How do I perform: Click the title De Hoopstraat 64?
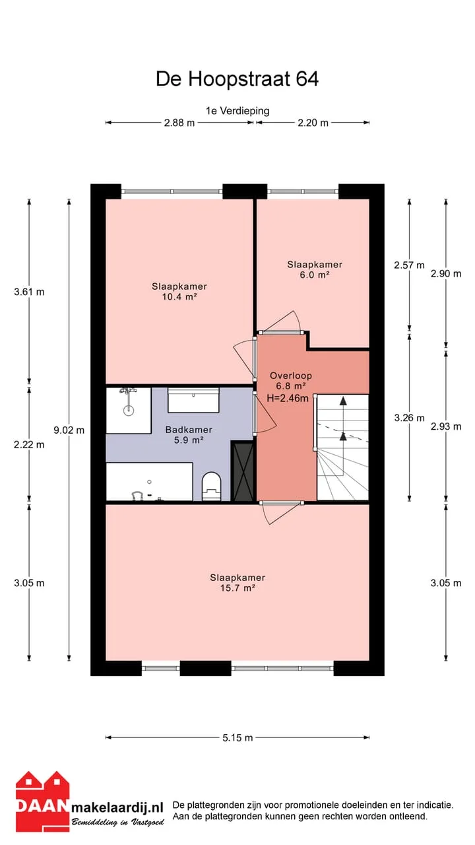237,79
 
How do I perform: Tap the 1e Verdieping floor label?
237,111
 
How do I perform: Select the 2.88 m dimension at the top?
179,123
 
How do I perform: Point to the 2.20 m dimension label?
313,123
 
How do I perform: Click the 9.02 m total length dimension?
69,430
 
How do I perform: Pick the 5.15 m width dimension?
237,738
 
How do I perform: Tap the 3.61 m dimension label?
29,292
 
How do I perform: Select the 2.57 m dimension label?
410,265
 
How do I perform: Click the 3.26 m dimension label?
410,418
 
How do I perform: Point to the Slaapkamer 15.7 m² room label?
237,582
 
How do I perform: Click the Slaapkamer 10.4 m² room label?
179,291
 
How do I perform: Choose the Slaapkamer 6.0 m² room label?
315,269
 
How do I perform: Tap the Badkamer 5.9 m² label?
189,434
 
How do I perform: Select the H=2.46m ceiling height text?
288,398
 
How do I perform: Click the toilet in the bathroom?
211,487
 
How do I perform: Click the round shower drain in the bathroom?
129,410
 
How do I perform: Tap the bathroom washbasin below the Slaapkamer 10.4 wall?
193,400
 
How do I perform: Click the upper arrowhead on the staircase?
343,401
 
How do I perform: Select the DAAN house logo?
43,802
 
